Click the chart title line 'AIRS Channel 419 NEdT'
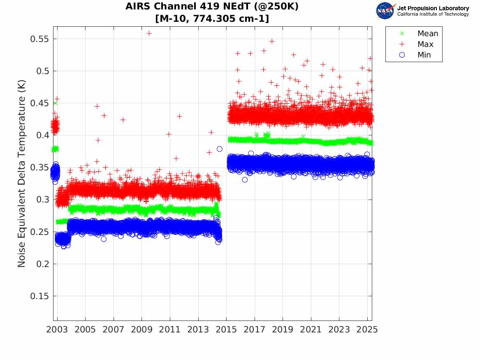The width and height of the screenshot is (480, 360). point(211,7)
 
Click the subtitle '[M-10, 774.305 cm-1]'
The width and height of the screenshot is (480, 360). point(211,19)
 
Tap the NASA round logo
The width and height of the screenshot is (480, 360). point(385,11)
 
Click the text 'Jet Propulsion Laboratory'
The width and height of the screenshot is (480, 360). point(433,8)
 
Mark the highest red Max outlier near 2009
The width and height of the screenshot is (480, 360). point(149,33)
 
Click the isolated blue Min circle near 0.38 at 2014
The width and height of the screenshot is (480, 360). point(220,149)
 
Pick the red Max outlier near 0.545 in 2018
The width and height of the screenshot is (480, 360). point(271,41)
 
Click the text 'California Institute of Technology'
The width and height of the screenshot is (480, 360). point(433,14)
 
